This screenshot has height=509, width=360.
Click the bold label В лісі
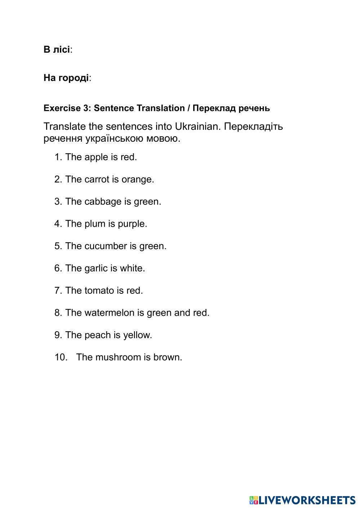57,49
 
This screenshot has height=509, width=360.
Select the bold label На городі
66,78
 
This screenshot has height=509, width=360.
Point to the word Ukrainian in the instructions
196,127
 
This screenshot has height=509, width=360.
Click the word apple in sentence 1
96,157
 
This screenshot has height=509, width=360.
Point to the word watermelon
109,313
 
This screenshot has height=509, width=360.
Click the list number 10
61,357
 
